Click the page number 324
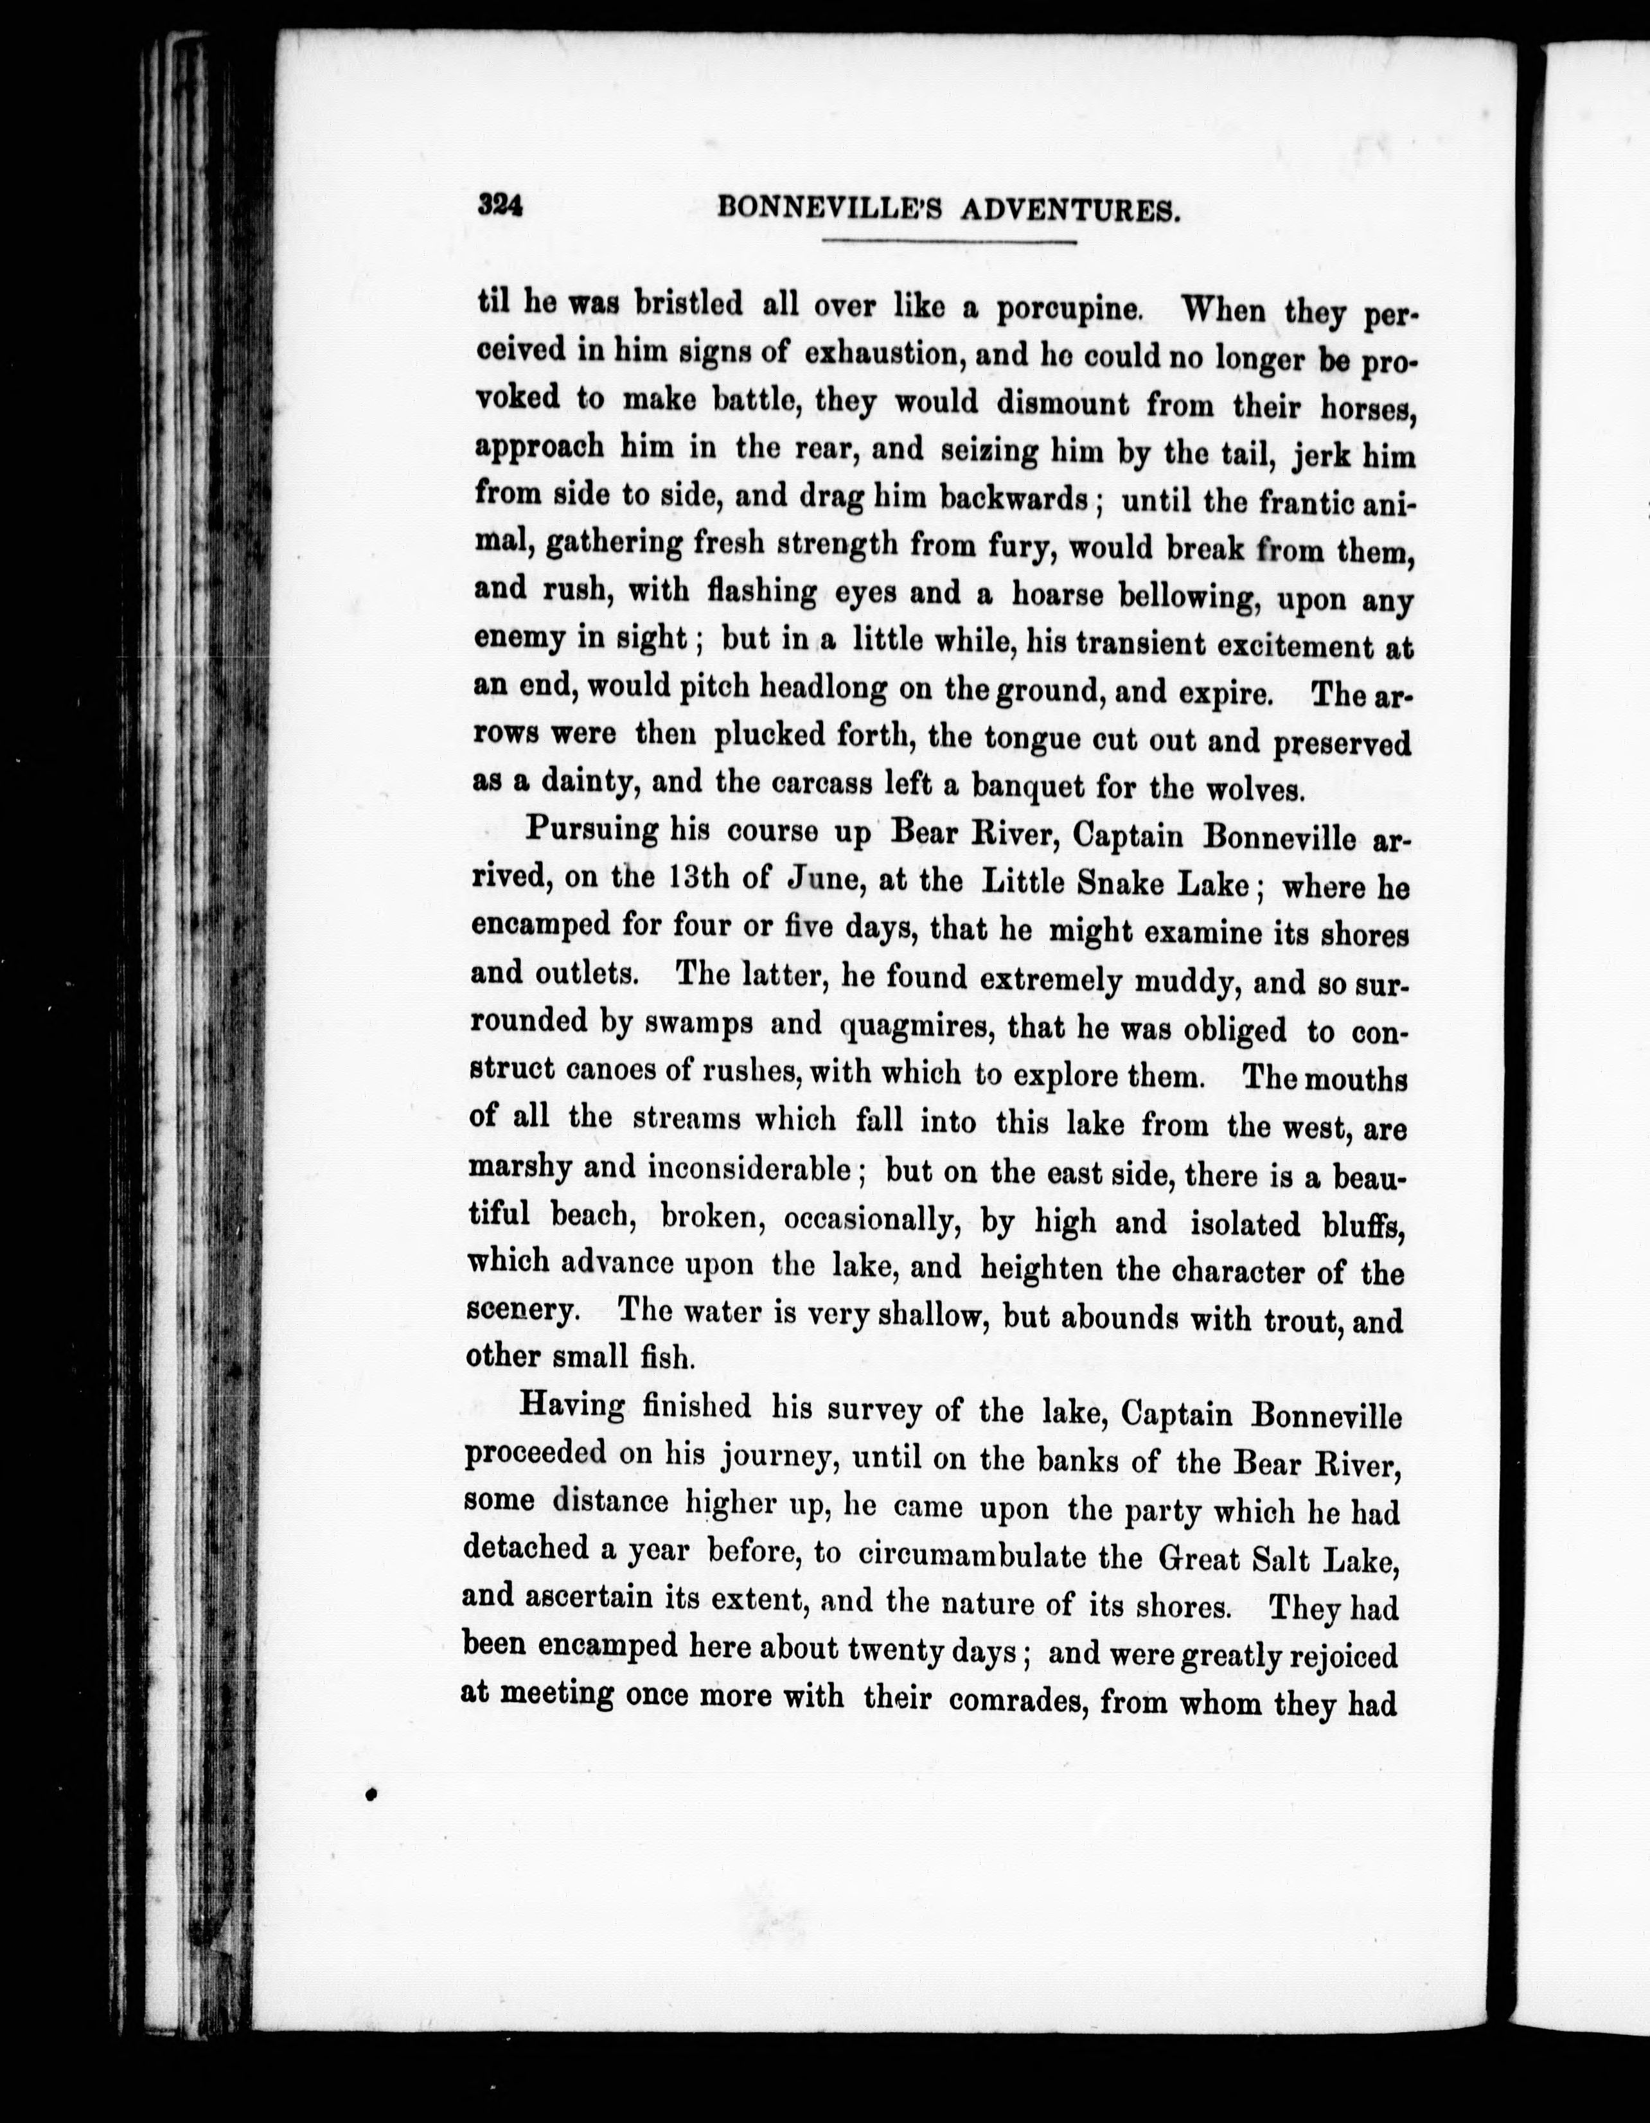coord(501,206)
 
